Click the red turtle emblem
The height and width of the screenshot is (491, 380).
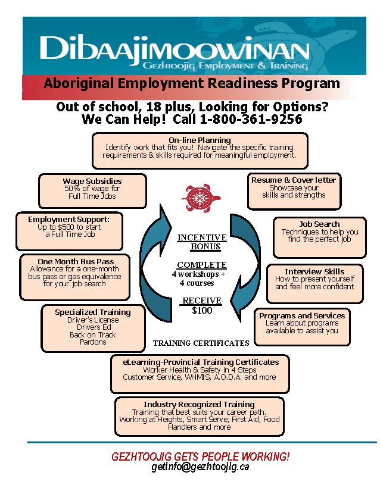click(x=201, y=198)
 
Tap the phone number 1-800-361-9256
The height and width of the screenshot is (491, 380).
click(x=251, y=119)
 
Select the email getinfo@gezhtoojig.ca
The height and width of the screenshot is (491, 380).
click(x=201, y=467)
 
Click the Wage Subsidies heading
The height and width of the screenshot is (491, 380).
click(x=92, y=181)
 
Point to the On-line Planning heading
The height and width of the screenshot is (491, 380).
click(x=200, y=140)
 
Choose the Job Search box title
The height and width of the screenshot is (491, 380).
click(x=319, y=224)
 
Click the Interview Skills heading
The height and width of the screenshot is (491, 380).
click(x=314, y=271)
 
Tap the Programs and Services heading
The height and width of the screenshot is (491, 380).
click(x=302, y=315)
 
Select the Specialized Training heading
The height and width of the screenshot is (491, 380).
click(x=93, y=312)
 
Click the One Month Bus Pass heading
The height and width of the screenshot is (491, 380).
click(x=76, y=261)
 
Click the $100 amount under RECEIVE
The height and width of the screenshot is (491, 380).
click(x=202, y=311)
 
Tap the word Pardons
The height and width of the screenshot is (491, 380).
click(x=93, y=342)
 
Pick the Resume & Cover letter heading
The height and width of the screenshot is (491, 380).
click(x=294, y=180)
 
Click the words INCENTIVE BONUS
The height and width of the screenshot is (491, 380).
click(x=202, y=242)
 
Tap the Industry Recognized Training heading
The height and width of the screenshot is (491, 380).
click(x=200, y=404)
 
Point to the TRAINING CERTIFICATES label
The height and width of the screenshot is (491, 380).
click(x=201, y=343)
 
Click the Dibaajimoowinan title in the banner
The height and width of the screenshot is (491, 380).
click(x=175, y=49)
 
